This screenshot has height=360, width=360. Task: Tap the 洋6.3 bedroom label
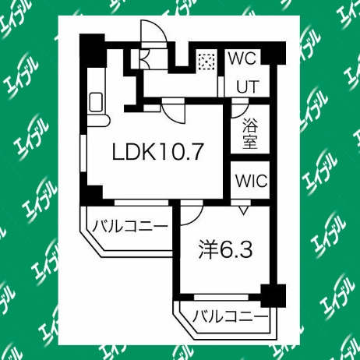tap(225, 250)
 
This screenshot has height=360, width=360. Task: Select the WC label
tap(242, 58)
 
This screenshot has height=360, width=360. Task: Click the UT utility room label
tap(248, 86)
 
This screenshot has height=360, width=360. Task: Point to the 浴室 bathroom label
tap(250, 133)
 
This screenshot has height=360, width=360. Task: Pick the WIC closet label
tap(251, 181)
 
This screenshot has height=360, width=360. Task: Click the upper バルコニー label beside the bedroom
tap(130, 226)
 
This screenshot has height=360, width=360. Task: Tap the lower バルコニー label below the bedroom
tap(230, 316)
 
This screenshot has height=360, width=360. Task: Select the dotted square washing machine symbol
tap(206, 62)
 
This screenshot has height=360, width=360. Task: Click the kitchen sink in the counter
tap(96, 102)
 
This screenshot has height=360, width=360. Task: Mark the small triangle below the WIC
tap(244, 210)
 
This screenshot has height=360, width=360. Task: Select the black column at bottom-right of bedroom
tap(274, 295)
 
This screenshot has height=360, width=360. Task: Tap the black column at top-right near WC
tap(274, 53)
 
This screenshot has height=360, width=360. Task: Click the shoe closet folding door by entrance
tap(144, 58)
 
